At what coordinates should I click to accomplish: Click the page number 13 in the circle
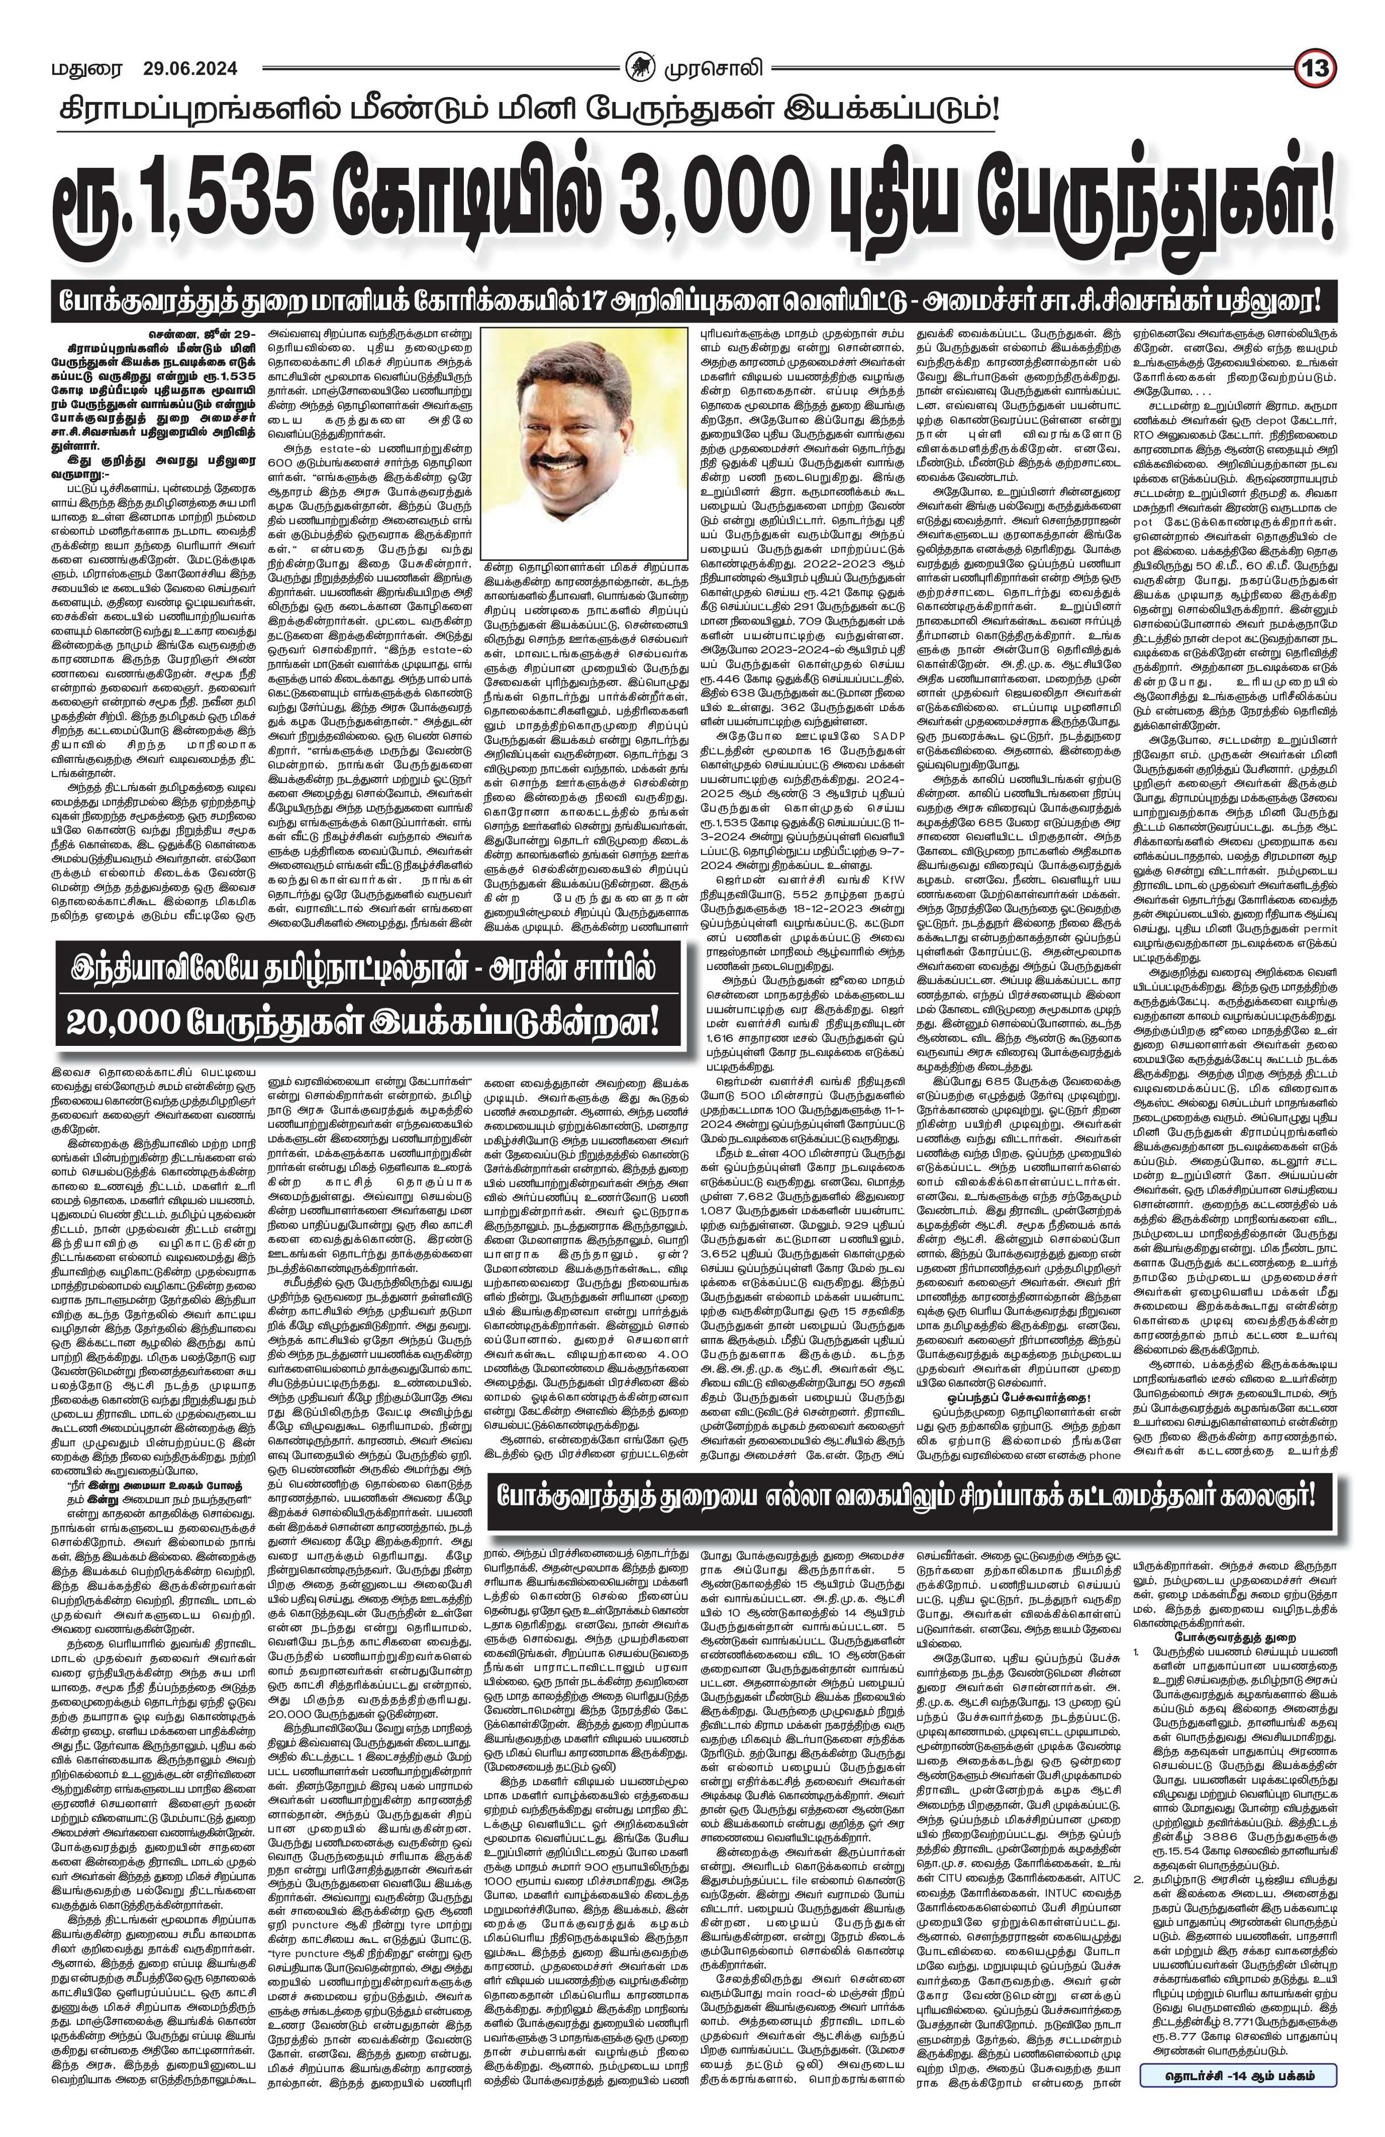[x=1320, y=67]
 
